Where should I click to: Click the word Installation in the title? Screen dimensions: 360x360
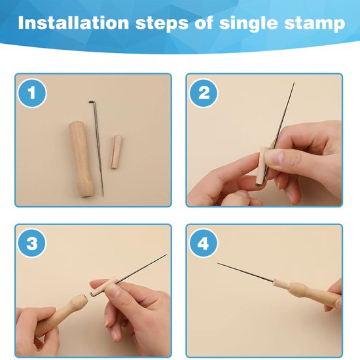click(x=73, y=22)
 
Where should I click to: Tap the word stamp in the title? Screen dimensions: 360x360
click(x=315, y=24)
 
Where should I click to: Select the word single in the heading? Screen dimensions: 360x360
click(x=249, y=24)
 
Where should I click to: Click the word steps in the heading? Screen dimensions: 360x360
click(x=162, y=24)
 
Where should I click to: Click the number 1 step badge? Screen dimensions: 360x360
click(x=32, y=93)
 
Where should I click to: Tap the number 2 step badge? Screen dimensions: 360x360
click(x=204, y=93)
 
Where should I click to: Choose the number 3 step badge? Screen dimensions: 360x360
click(x=32, y=243)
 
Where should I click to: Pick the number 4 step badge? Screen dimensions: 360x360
click(x=204, y=243)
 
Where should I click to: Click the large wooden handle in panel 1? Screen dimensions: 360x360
click(x=80, y=160)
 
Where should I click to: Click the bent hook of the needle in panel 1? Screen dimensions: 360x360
click(x=91, y=101)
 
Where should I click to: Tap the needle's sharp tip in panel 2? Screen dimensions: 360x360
click(x=294, y=82)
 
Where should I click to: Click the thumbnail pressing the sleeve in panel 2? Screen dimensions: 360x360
click(x=274, y=158)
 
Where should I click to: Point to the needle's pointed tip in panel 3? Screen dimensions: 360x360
click(x=166, y=255)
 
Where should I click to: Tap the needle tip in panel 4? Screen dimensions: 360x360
click(x=218, y=263)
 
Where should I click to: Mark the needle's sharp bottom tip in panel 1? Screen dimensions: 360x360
click(x=103, y=196)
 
